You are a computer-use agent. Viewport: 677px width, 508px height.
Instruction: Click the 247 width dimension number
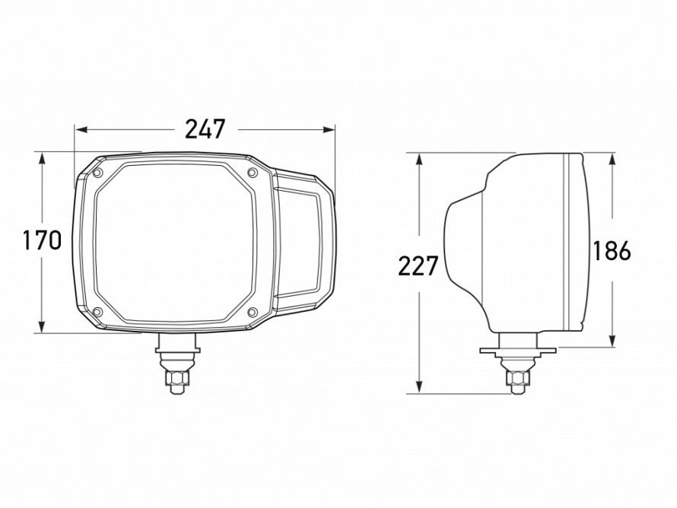coord(205,129)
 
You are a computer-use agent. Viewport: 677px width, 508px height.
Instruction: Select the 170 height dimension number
coord(42,241)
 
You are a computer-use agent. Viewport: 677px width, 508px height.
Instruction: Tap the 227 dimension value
coord(418,266)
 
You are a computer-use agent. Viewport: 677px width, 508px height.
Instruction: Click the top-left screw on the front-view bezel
coord(98,175)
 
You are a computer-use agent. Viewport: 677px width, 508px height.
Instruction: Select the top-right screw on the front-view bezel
coord(252,175)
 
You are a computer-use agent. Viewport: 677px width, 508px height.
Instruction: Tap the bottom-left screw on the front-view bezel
coord(97,312)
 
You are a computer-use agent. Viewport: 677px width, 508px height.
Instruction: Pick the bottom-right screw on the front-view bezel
coord(252,313)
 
